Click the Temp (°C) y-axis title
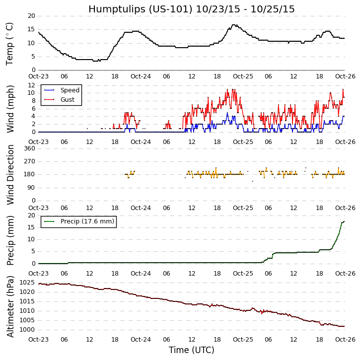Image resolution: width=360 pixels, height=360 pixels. [x=10, y=43]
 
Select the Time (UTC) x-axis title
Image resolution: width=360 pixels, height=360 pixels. [x=191, y=350]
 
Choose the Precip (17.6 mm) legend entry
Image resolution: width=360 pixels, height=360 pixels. [x=87, y=221]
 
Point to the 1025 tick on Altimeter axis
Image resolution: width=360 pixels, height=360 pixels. [x=26, y=282]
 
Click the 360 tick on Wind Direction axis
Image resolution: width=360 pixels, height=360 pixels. [x=29, y=148]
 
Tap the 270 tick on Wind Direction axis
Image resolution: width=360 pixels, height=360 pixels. [x=29, y=161]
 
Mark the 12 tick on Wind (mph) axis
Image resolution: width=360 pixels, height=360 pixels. [x=31, y=85]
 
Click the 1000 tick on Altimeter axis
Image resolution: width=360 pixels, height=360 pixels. [x=26, y=329]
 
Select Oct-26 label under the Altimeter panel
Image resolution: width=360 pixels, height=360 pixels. [x=345, y=339]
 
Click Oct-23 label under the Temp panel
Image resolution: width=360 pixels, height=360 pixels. [x=38, y=76]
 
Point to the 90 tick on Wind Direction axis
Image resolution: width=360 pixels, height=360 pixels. [x=31, y=188]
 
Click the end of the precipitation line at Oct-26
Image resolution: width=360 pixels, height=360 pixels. [x=344, y=221]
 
